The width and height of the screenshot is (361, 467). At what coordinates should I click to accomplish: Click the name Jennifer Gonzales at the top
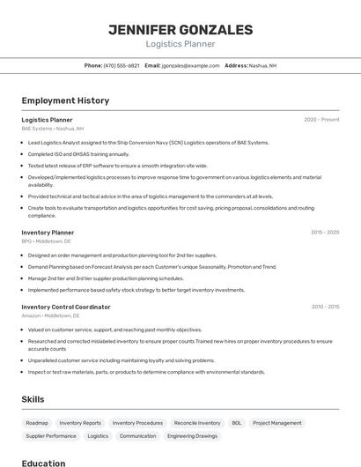coord(180,30)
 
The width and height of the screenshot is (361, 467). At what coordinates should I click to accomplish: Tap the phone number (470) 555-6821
coord(122,65)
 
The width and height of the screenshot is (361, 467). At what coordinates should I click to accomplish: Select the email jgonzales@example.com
coord(190,65)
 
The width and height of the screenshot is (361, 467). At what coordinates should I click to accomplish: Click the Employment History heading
coord(65,100)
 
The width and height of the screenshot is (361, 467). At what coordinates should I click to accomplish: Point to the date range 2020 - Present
coord(321,119)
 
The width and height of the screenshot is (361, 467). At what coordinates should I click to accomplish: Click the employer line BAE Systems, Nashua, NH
coord(53,128)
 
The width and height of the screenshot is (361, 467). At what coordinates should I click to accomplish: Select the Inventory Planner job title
coord(48,233)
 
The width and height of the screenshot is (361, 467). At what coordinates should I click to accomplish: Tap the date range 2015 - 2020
coord(325,233)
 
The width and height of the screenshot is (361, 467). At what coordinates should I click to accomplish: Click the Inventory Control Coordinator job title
coord(66,307)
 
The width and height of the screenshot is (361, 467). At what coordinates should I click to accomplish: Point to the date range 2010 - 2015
coord(325,307)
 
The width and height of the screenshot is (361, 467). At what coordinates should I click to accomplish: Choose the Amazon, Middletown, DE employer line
coord(50,315)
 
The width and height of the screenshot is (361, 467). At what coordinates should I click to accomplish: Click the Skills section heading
coord(33,399)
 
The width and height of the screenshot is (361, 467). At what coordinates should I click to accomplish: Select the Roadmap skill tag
coord(37,423)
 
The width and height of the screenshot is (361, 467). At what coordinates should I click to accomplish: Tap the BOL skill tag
coord(237,423)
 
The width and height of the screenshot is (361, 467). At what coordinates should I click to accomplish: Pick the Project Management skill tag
coord(277,423)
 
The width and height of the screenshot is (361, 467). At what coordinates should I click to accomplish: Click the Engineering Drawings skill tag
coord(192,435)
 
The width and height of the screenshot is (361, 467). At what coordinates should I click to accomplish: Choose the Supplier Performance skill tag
coord(51,435)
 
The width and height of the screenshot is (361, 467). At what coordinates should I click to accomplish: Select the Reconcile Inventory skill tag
coord(197,423)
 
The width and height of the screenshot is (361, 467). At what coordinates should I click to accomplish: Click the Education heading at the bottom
coord(43,463)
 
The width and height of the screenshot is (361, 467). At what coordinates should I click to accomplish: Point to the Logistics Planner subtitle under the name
coord(180,44)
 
